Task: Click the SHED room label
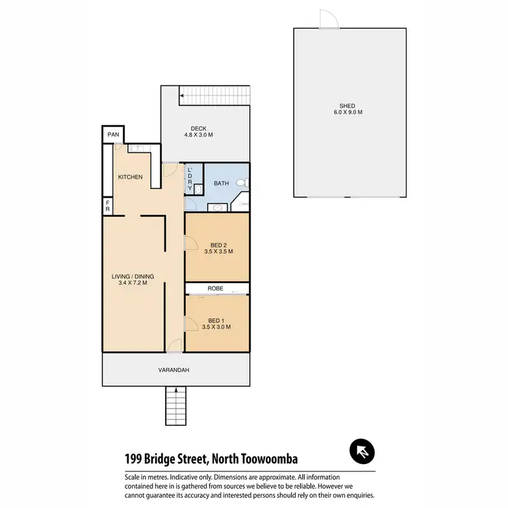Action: (x=347, y=106)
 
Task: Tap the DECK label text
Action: (x=198, y=128)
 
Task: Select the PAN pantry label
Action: (x=113, y=135)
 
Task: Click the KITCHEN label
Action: (x=130, y=177)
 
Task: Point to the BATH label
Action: (x=221, y=183)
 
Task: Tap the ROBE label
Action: (x=216, y=289)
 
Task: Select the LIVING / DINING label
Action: (x=133, y=276)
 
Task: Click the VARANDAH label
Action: (x=173, y=370)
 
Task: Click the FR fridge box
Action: (x=107, y=206)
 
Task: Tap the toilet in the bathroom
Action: (x=246, y=183)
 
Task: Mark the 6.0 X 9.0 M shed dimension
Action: (x=347, y=113)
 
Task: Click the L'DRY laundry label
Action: (x=190, y=178)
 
